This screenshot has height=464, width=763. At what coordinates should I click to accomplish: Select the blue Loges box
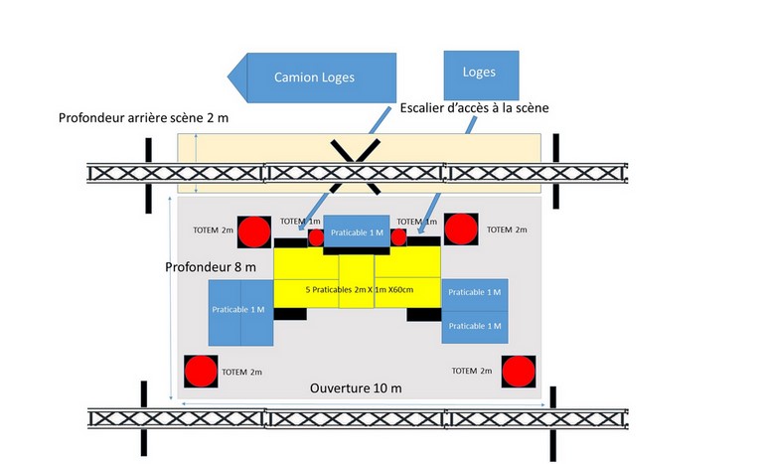479,73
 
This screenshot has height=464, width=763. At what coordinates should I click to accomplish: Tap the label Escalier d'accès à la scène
475,107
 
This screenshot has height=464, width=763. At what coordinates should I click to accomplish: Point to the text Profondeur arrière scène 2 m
144,119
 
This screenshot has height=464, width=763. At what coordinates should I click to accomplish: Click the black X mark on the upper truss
355,165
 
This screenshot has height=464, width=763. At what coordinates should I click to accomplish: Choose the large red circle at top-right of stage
460,230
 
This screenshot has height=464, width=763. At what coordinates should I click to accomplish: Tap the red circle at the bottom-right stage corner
519,371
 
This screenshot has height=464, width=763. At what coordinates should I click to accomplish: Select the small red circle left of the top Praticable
316,237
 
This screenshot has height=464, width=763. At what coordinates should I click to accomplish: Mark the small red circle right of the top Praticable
399,237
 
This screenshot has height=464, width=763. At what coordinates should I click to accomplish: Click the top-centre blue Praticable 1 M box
357,232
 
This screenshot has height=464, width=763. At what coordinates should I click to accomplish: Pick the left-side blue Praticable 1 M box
238,310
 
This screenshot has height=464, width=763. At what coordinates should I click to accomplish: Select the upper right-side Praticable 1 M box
475,292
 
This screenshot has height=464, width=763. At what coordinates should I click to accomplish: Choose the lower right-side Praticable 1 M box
475,326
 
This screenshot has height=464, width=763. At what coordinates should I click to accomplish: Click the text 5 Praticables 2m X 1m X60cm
356,289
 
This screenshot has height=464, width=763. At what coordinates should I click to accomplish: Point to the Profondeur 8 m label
211,267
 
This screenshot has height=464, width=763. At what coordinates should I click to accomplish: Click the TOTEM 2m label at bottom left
242,372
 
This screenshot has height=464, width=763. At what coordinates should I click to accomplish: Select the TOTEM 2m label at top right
507,230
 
